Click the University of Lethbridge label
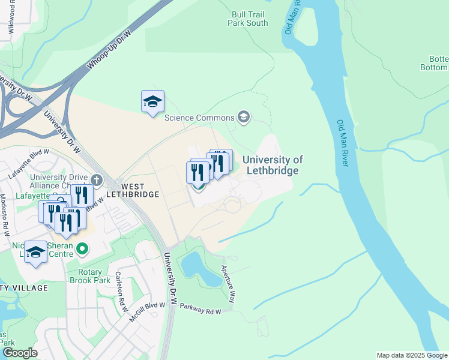(x=272, y=165)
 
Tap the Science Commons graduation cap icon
(x=244, y=116)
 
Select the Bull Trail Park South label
(x=247, y=19)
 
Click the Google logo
(x=19, y=353)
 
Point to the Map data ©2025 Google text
(x=411, y=355)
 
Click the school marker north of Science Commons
(x=152, y=101)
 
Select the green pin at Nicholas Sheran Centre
(x=83, y=248)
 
